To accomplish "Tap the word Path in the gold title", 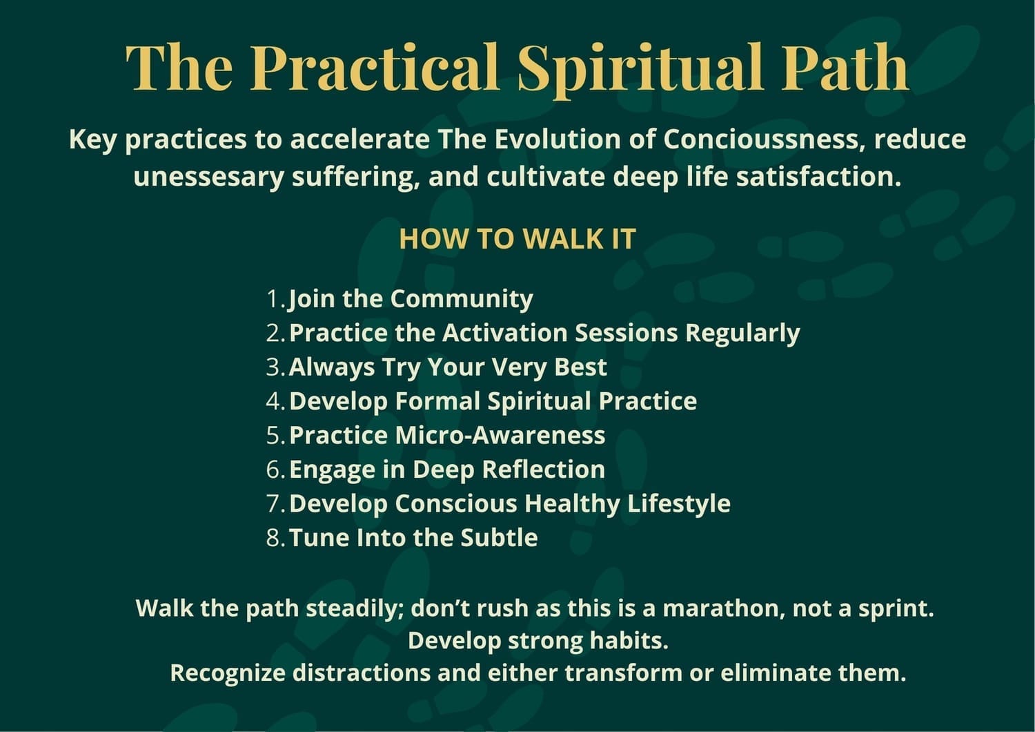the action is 845,67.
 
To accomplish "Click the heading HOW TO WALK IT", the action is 517,239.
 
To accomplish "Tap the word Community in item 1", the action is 462,300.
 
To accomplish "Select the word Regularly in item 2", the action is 742,334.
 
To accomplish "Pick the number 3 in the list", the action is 273,367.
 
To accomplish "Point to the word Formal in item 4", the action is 437,401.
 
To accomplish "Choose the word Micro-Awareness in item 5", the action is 500,435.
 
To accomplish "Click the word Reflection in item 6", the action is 544,470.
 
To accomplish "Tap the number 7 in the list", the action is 273,503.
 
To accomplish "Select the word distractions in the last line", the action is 362,673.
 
